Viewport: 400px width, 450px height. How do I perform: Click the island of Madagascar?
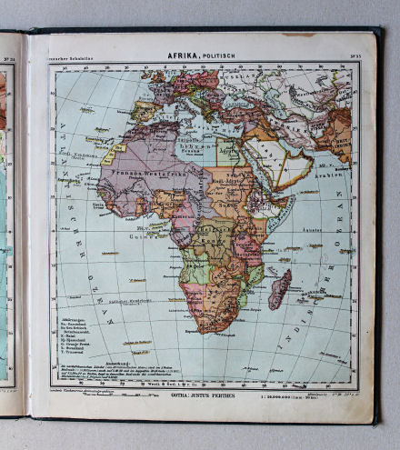(x=280, y=288)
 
